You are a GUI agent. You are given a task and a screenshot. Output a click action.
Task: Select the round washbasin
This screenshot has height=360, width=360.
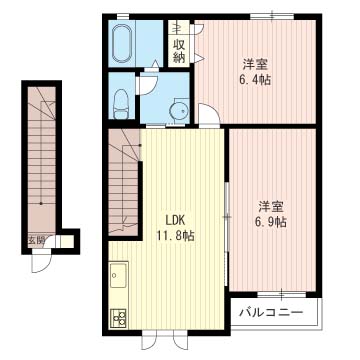point(179,110)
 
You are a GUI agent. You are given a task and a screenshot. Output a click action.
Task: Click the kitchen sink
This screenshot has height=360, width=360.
point(119,275)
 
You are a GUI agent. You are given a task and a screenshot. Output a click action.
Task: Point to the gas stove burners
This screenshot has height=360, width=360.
point(118,318)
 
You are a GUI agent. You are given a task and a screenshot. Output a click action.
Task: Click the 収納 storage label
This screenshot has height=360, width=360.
point(179,53)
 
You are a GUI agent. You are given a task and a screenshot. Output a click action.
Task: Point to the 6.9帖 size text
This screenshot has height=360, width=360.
point(272,222)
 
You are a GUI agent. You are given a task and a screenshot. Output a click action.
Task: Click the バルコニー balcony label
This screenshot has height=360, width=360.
point(272,313)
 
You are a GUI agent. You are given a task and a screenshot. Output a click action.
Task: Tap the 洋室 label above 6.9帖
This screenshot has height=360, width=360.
point(272,207)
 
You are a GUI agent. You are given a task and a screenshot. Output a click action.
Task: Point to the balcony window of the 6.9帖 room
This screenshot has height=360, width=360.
point(282,294)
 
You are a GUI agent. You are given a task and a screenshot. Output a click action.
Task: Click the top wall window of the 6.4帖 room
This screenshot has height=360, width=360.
point(272,16)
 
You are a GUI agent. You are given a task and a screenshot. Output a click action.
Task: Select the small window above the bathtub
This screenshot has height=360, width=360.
point(123,16)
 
